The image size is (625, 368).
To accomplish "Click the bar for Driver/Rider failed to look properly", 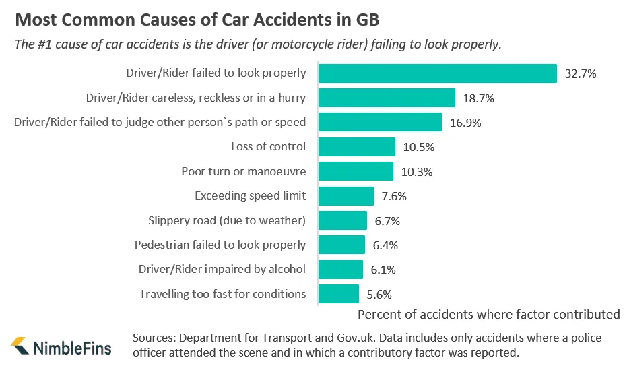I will pyautogui.click(x=437, y=73).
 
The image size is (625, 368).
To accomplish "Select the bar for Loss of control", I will pyautogui.click(x=356, y=147).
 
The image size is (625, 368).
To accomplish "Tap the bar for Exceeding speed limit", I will pyautogui.click(x=346, y=196).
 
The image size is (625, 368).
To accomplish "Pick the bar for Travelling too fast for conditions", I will pyautogui.click(x=338, y=294).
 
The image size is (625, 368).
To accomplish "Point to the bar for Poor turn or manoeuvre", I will pyautogui.click(x=356, y=171).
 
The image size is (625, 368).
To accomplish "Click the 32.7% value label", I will pyautogui.click(x=581, y=74).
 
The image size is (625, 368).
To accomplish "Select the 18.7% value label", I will pyautogui.click(x=479, y=98).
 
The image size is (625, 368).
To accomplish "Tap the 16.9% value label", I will pyautogui.click(x=465, y=123).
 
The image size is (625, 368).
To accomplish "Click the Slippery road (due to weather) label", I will pyautogui.click(x=227, y=220).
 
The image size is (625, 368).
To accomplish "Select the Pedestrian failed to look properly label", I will pyautogui.click(x=220, y=245).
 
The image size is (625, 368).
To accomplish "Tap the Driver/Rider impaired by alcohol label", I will pyautogui.click(x=222, y=269).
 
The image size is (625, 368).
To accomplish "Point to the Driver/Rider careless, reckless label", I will pyautogui.click(x=196, y=98).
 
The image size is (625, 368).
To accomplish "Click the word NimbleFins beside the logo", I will pyautogui.click(x=73, y=348).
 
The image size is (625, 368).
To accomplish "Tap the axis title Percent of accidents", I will pyautogui.click(x=488, y=314).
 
